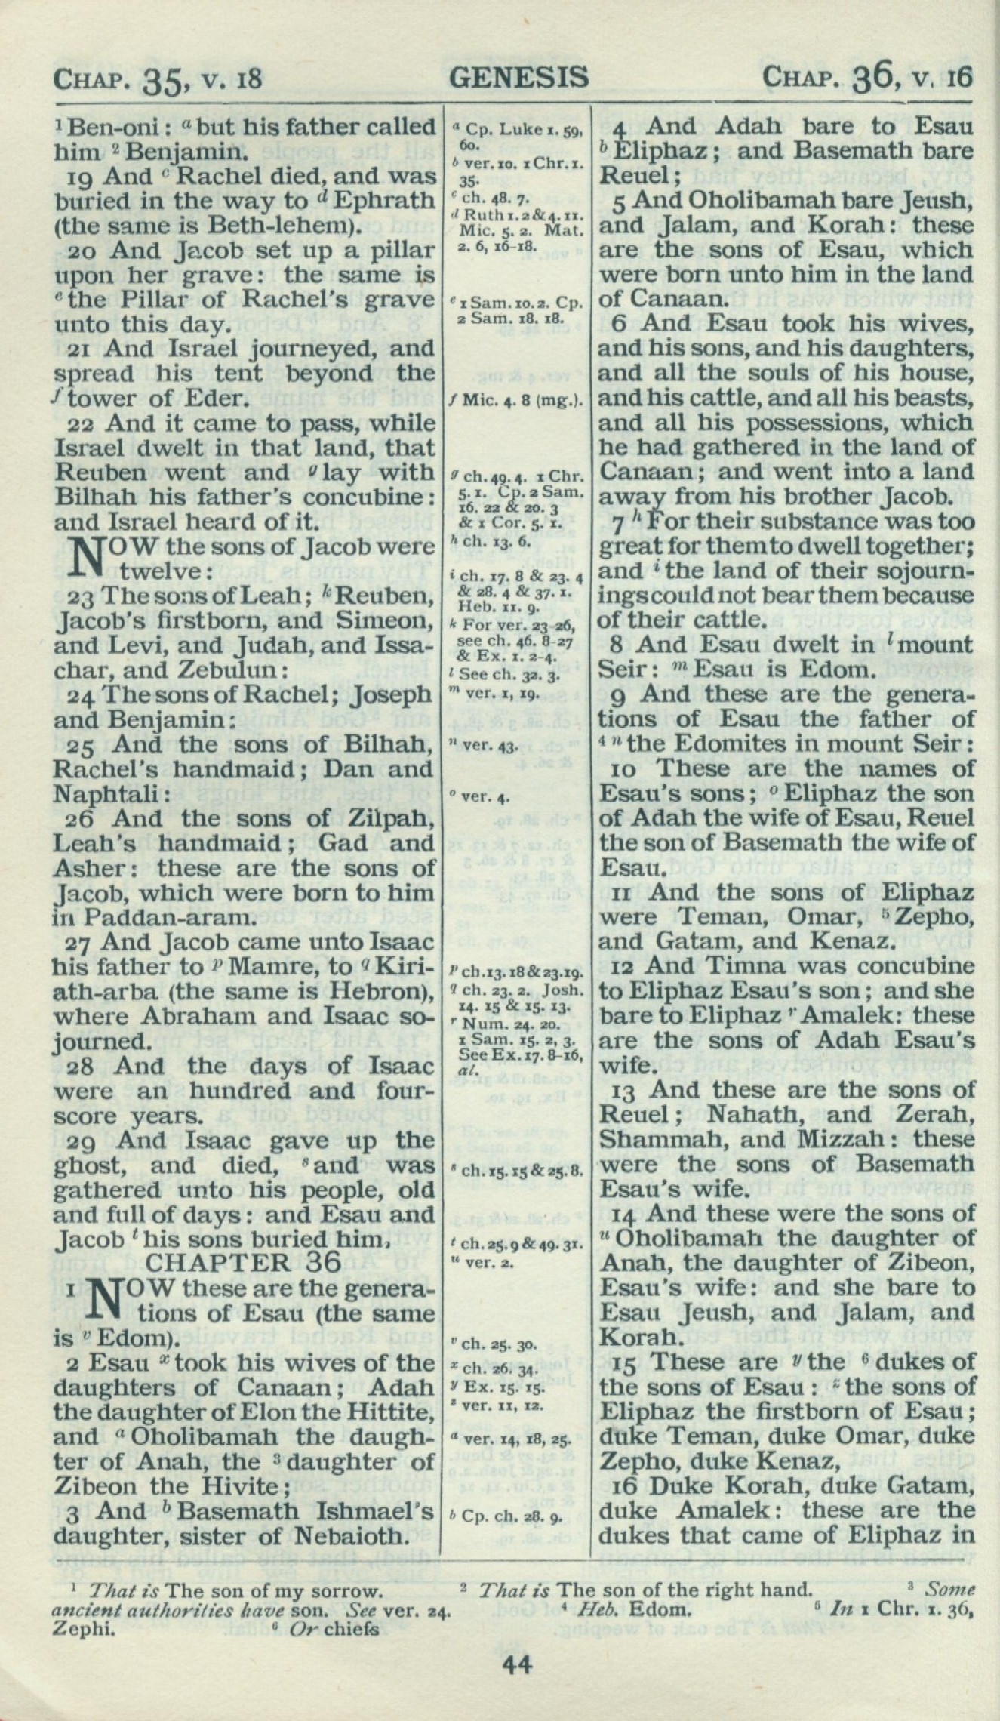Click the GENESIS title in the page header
point(518,77)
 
